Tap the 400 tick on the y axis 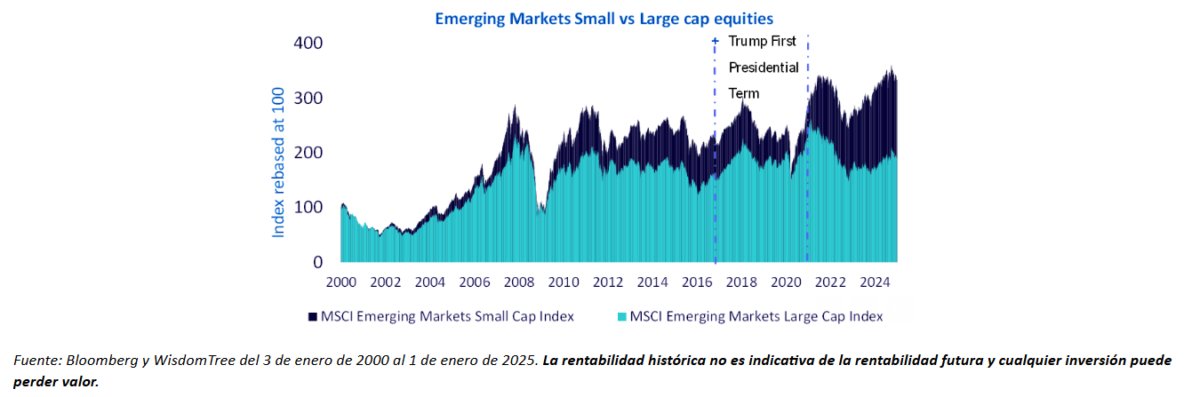tap(308, 43)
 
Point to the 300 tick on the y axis tap(308, 98)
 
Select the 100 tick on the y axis tap(308, 207)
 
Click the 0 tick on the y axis tap(316, 262)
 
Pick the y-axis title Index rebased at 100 tap(278, 162)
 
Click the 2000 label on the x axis tap(340, 282)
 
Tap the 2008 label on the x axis tap(519, 282)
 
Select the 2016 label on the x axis tap(697, 282)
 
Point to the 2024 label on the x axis tap(875, 282)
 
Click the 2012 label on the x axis tap(608, 282)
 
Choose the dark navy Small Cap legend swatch tap(312, 316)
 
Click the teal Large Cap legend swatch tap(621, 316)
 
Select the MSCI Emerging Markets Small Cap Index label tap(447, 316)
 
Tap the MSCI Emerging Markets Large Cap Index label tap(756, 316)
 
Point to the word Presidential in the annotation tap(764, 67)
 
